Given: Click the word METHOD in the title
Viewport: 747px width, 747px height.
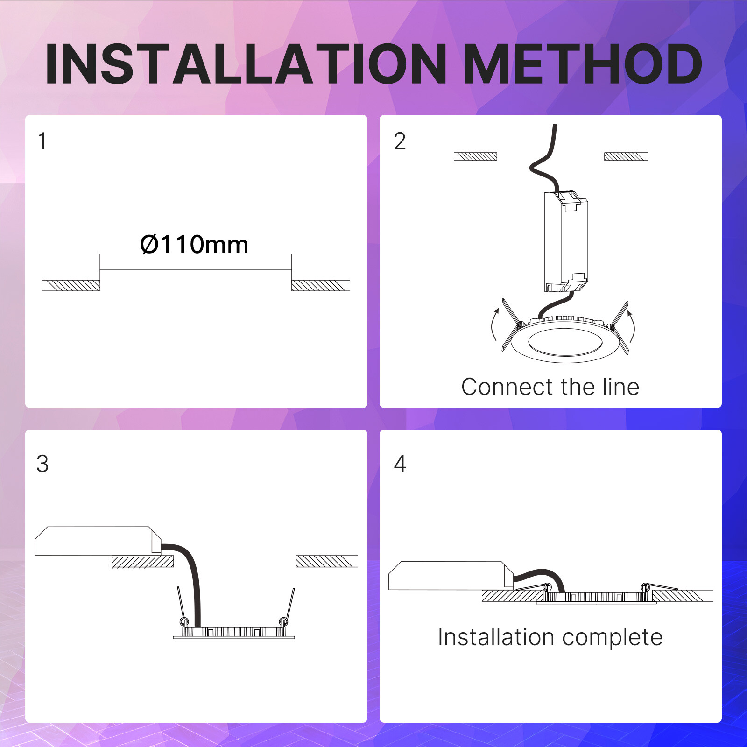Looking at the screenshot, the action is [584, 64].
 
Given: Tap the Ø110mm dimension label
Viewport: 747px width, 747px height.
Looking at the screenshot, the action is [194, 244].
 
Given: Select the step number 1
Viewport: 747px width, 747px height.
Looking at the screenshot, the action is [42, 141].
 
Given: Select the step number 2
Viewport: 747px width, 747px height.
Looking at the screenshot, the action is [400, 141].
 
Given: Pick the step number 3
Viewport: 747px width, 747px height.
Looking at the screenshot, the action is [42, 464].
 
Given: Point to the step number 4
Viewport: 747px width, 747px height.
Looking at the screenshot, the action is [400, 464].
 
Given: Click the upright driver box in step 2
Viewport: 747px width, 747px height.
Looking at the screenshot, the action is [566, 241].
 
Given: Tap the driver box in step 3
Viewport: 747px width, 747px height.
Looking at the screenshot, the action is [98, 541].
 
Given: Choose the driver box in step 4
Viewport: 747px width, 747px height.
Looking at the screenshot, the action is [451, 575].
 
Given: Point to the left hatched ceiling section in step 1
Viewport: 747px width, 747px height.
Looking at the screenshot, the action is [71, 285].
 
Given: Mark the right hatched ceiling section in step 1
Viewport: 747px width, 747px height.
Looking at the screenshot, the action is [321, 285].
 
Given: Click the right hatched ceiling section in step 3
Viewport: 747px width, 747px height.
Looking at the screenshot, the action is [326, 561].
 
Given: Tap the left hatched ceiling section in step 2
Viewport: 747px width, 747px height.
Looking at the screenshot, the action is [475, 156].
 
